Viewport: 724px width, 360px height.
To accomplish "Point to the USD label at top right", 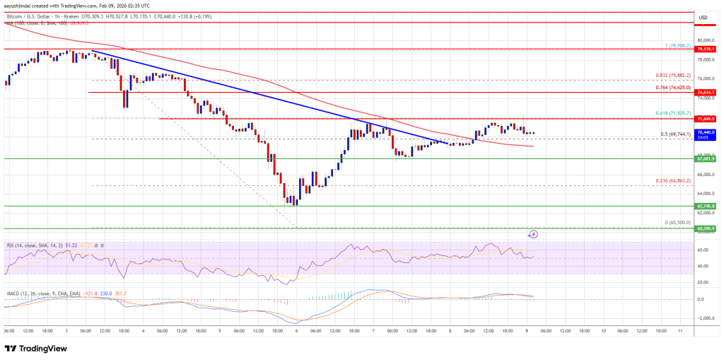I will tap(703, 17).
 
